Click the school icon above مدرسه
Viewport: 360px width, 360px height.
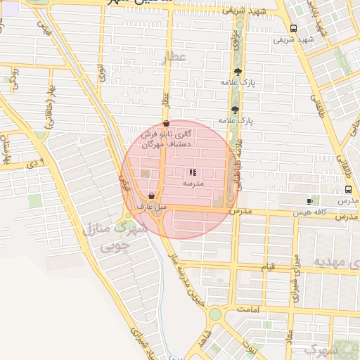[193, 172]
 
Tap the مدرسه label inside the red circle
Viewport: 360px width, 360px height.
[193, 183]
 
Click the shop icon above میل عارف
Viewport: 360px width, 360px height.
[152, 195]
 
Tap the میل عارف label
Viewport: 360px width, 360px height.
[152, 207]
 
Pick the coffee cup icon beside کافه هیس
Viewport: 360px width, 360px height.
[310, 201]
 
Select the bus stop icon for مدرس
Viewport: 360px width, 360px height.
[349, 190]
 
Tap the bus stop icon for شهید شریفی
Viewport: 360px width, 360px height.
[293, 28]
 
